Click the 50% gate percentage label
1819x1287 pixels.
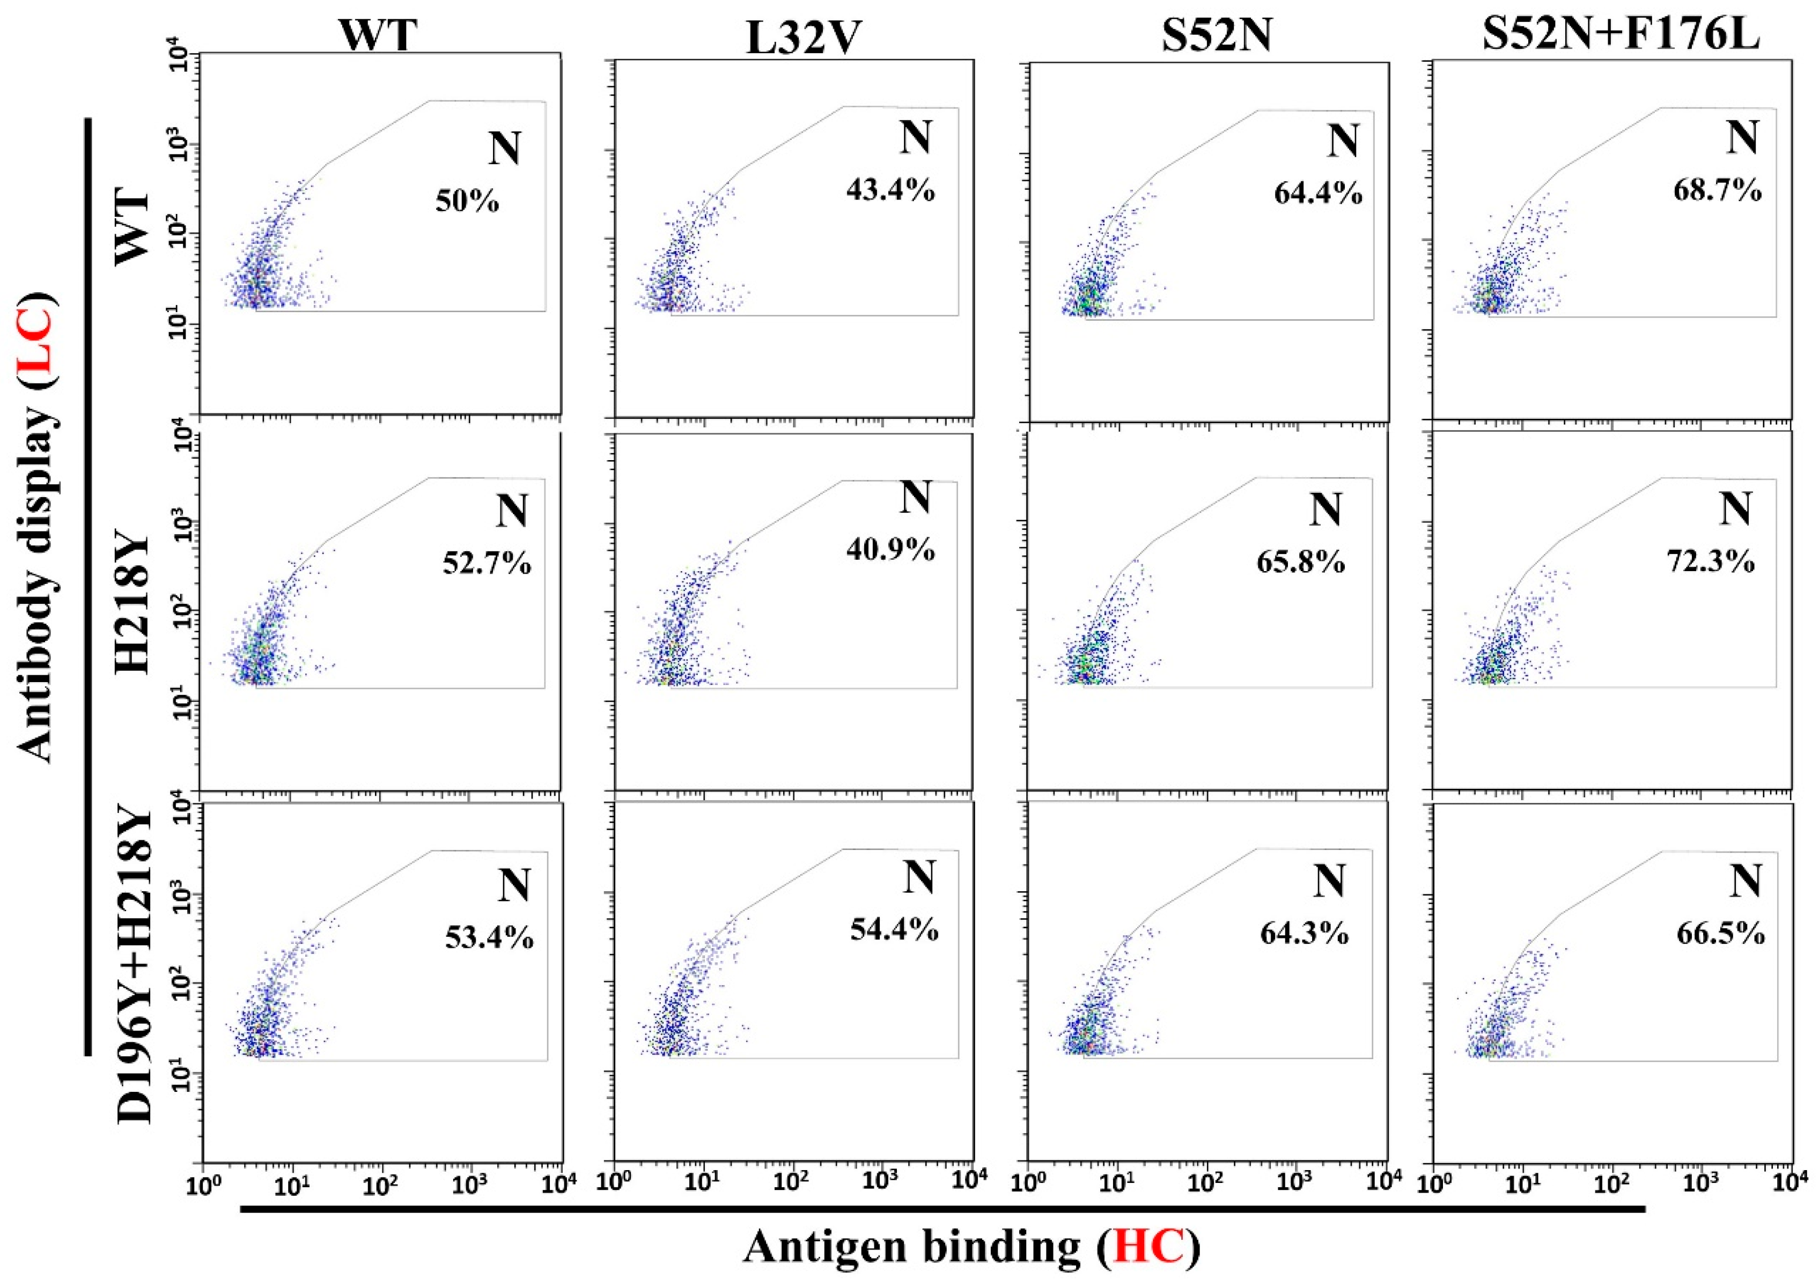tap(467, 201)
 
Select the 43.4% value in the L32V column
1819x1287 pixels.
tap(890, 190)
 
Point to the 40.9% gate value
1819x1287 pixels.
tap(890, 549)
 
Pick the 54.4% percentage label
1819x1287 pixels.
tap(894, 929)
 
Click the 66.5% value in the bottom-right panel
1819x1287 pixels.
tap(1720, 934)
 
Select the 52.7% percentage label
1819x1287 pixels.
tap(487, 564)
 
